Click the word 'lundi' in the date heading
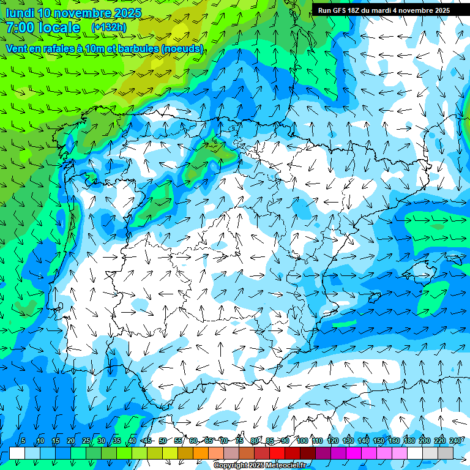(x=19, y=13)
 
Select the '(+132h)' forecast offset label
(x=110, y=28)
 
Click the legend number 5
(x=23, y=441)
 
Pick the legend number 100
(x=302, y=441)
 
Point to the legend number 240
(x=455, y=441)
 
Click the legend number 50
(x=163, y=441)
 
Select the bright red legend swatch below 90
(x=277, y=453)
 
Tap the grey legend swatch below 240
(x=446, y=453)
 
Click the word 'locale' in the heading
(x=61, y=28)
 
